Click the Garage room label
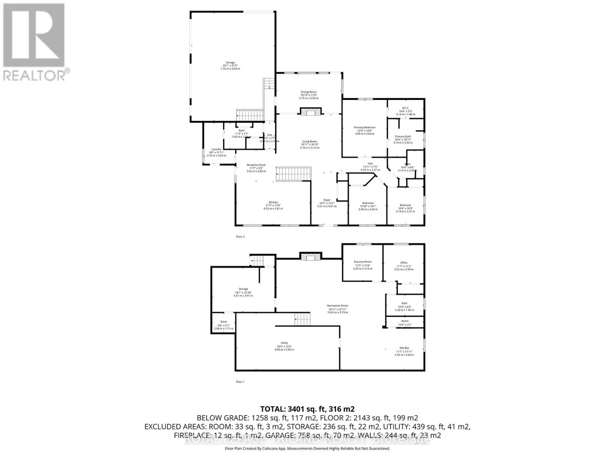point(230,63)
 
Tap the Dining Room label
point(309,92)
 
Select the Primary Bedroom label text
point(364,128)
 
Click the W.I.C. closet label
point(406,108)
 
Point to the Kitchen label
point(273,202)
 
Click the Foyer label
point(326,200)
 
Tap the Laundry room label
point(216,149)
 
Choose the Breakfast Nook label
point(256,165)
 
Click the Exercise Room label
point(362,262)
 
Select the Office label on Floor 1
point(404,263)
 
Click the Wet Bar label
point(404,348)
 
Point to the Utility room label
point(284,343)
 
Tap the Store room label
point(223,322)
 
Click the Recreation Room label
point(337,306)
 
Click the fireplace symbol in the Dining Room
point(309,112)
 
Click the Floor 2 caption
point(240,237)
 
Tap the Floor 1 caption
point(240,382)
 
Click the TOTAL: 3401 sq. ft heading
point(307,409)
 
